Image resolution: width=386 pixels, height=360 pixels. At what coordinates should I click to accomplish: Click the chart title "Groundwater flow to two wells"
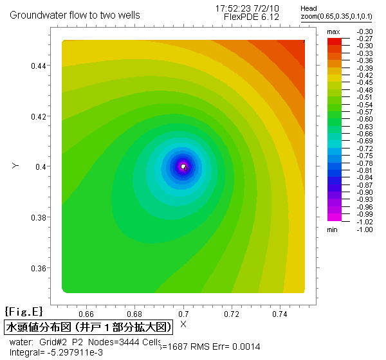[75, 14]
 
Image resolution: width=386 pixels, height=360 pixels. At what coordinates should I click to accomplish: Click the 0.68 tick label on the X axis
[134, 314]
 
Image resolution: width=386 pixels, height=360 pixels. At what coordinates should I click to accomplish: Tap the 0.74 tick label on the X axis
[279, 314]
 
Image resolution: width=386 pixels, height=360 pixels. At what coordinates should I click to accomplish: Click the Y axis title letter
[14, 166]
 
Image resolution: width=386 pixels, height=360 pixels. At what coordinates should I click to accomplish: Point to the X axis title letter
[183, 323]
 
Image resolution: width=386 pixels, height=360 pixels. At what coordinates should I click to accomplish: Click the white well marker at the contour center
[183, 166]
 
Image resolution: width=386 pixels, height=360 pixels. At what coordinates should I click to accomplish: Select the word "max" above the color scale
[333, 32]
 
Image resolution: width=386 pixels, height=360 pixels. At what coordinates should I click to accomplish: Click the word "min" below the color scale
[333, 229]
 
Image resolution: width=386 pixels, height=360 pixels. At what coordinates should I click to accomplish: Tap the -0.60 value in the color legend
[365, 119]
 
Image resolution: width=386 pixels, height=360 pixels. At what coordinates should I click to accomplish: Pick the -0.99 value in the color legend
[365, 214]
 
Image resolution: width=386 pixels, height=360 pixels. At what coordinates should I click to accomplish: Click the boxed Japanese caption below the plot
[89, 327]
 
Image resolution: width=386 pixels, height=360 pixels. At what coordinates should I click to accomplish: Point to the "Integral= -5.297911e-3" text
[56, 352]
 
